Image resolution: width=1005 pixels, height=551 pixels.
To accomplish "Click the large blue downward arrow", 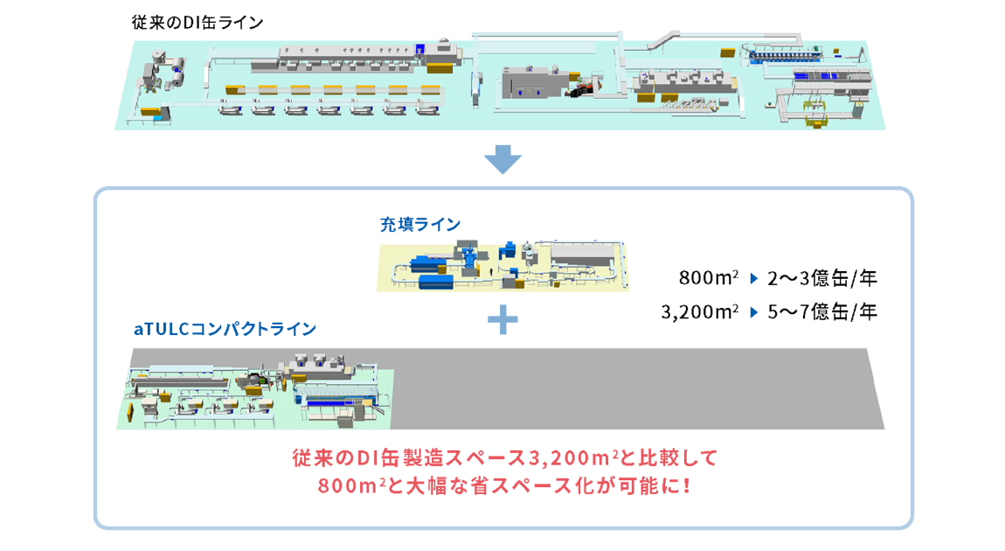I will tap(502, 160).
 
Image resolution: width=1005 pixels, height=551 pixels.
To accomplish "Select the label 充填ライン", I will tap(419, 225).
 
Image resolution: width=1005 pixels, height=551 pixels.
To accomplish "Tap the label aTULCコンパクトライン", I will tap(225, 330).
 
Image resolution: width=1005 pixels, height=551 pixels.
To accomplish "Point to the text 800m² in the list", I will tap(708, 280).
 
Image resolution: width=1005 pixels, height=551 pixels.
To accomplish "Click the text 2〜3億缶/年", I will tap(821, 280).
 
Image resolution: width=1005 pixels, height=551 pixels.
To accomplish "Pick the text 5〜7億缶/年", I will tap(821, 310).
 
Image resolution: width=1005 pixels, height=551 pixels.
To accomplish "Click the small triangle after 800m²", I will tap(752, 280).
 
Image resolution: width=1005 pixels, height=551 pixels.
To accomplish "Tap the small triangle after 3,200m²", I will tap(752, 310).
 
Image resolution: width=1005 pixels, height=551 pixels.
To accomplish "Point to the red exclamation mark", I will tap(683, 484).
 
